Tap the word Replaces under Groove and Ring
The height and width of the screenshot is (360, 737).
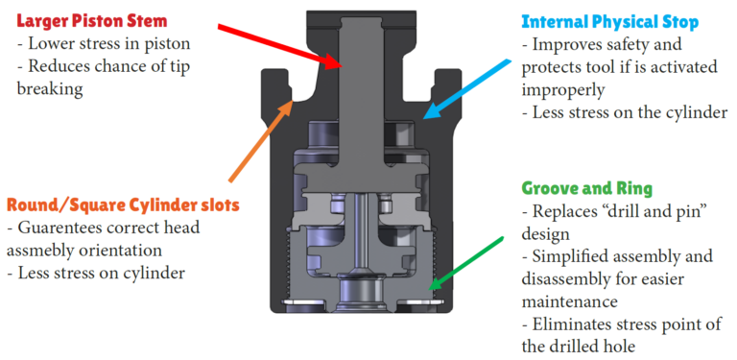(x=566, y=210)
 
